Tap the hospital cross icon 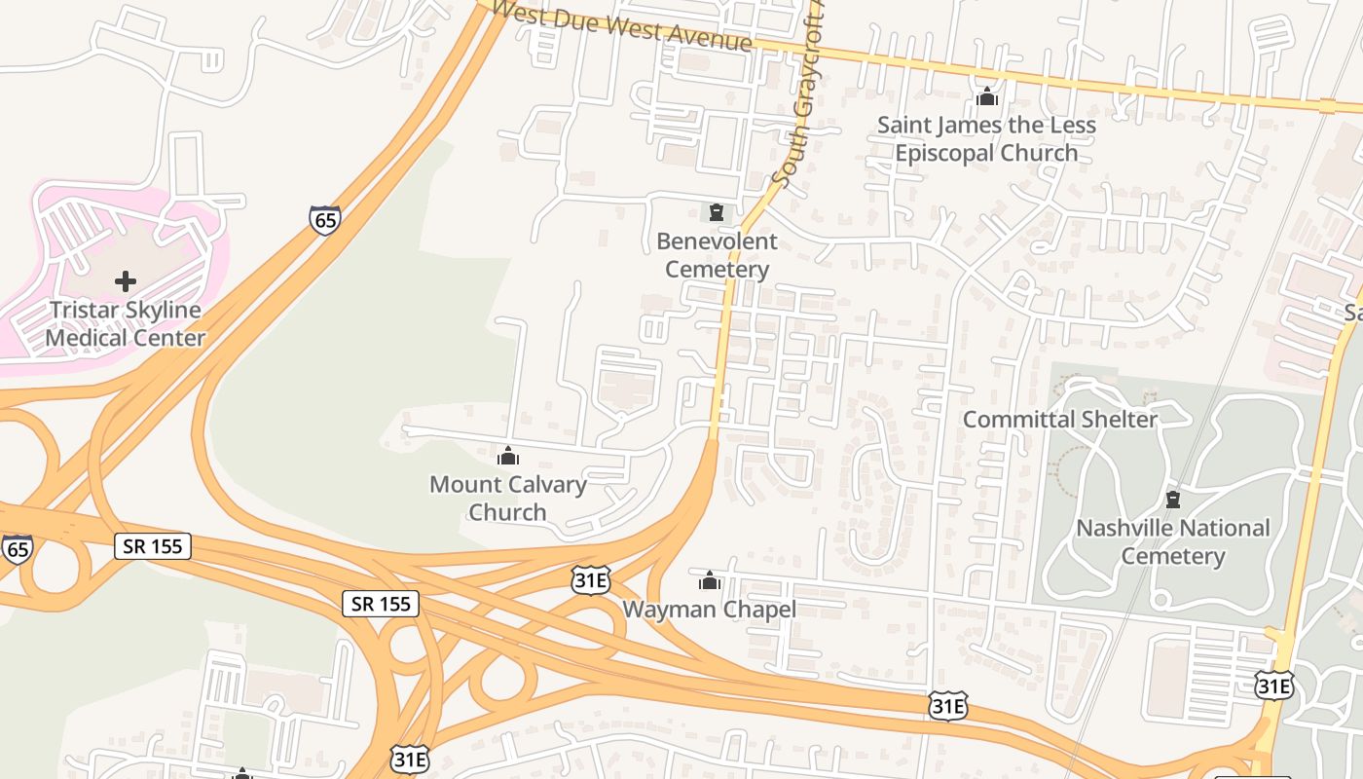[x=126, y=281]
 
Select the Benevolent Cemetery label [x=717, y=255]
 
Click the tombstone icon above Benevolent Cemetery [x=717, y=211]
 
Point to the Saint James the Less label [x=986, y=126]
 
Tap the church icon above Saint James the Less [x=987, y=96]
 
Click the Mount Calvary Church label [x=507, y=498]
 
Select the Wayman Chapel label [x=709, y=610]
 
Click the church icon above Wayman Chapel [x=710, y=581]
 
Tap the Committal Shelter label [x=1059, y=420]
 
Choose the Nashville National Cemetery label [x=1172, y=541]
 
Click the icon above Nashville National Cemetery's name [x=1173, y=500]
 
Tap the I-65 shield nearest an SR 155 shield [x=17, y=548]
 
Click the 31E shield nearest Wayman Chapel [x=591, y=580]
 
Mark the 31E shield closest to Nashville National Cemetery [x=1273, y=686]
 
